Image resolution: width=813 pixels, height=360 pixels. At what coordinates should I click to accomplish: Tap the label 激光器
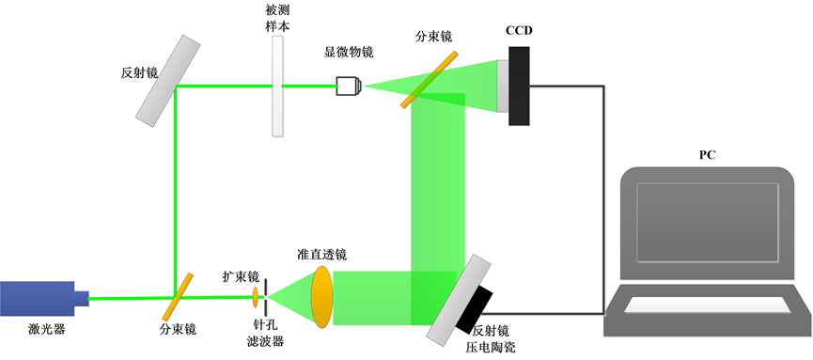(39, 330)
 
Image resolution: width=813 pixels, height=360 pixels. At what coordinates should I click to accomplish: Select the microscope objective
(349, 87)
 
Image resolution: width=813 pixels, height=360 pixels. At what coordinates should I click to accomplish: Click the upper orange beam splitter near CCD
(429, 78)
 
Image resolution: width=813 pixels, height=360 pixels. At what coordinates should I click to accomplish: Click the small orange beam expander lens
(254, 298)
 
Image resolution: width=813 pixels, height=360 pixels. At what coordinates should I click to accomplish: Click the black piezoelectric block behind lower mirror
(477, 309)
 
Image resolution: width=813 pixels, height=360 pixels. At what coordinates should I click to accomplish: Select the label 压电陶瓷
(493, 347)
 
